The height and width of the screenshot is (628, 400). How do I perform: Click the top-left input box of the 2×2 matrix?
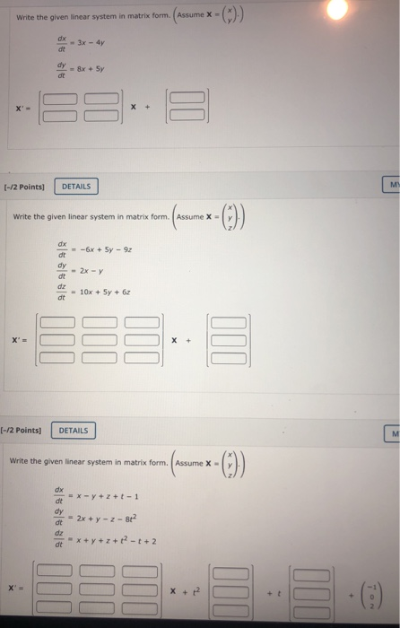click(63, 100)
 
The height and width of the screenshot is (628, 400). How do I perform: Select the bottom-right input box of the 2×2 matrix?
click(102, 114)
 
